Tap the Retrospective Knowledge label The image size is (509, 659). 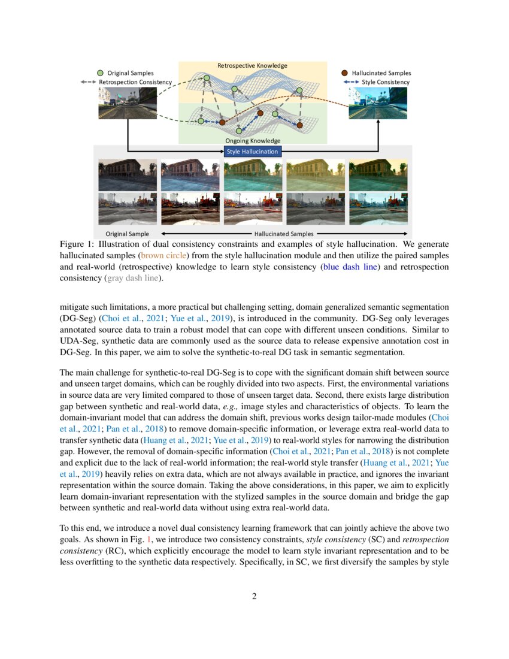[x=252, y=65]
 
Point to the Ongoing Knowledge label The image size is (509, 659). [x=252, y=141]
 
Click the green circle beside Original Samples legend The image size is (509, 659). [x=100, y=72]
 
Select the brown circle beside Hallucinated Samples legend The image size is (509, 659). [x=344, y=72]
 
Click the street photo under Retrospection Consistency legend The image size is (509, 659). [x=128, y=103]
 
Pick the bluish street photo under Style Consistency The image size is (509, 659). [x=377, y=103]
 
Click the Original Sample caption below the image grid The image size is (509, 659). [x=128, y=234]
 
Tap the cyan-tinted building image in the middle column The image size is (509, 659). [x=252, y=174]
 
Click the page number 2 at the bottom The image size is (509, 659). [x=255, y=596]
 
